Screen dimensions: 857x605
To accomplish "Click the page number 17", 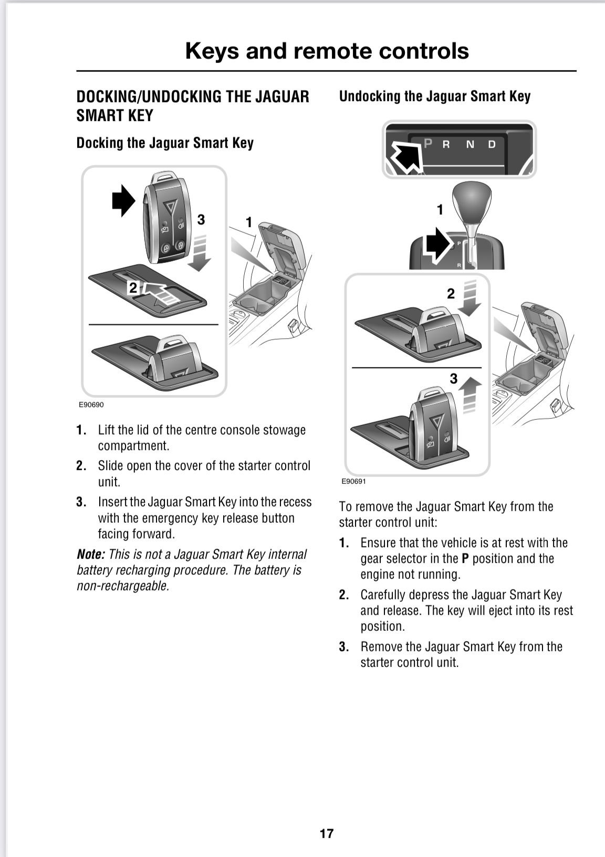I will (326, 833).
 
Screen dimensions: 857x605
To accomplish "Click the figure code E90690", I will (91, 405).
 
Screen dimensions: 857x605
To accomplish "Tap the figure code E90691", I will (353, 481).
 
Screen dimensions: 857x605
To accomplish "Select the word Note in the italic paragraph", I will (90, 554).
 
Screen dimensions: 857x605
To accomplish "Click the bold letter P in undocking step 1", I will (465, 558).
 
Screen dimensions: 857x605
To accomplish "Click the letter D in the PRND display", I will (492, 144).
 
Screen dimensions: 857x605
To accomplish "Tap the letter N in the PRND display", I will (470, 144).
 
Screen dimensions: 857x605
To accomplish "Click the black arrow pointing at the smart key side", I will (124, 200).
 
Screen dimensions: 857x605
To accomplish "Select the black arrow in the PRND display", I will (404, 156).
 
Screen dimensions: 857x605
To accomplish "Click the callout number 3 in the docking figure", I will (201, 219).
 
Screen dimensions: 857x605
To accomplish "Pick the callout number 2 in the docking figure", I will (133, 287).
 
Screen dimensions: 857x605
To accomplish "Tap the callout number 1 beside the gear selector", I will (440, 210).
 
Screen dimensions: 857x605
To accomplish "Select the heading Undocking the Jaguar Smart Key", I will (434, 96).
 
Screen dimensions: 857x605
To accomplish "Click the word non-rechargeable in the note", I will (123, 586).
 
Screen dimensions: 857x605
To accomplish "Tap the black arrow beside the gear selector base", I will (437, 245).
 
